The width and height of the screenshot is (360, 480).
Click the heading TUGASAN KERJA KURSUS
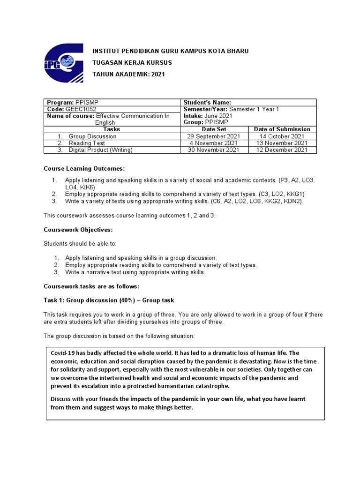[132, 62]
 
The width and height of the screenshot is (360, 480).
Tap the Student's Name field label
[206, 103]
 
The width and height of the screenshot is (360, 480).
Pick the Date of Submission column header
[282, 129]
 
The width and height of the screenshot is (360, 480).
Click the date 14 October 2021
[282, 136]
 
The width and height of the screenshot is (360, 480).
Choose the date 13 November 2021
[282, 143]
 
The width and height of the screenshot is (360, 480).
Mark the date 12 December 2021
[282, 150]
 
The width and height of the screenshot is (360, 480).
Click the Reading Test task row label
[86, 143]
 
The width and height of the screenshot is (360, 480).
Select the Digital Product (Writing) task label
[100, 150]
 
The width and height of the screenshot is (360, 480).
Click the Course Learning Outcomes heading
[84, 168]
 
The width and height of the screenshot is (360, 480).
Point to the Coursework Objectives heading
[78, 230]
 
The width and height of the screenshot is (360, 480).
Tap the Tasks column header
[112, 129]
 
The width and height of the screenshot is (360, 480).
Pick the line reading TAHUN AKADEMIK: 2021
[128, 74]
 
